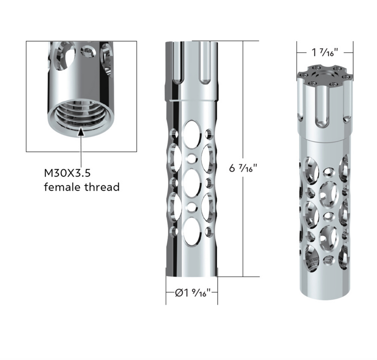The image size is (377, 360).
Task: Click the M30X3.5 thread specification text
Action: tap(67, 173)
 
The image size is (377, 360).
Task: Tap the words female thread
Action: tap(82, 187)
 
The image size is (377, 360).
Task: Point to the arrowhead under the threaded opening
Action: tap(81, 132)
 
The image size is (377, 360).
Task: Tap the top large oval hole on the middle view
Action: tap(192, 134)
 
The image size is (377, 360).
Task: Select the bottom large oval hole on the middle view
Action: tap(191, 232)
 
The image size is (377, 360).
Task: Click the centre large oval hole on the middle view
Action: tap(191, 183)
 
